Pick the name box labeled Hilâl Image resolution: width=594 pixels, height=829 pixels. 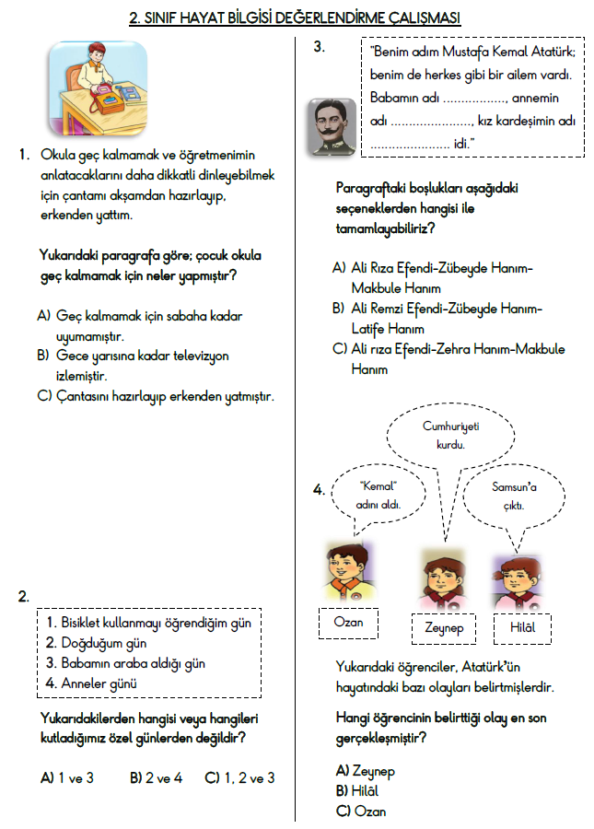[521, 626]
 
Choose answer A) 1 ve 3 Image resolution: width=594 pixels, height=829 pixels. [67, 778]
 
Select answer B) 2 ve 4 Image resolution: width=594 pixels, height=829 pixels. [156, 778]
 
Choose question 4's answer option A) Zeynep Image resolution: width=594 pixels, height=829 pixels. [366, 770]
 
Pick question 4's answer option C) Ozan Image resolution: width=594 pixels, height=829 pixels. [361, 811]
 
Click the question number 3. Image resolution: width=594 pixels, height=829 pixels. [319, 48]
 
